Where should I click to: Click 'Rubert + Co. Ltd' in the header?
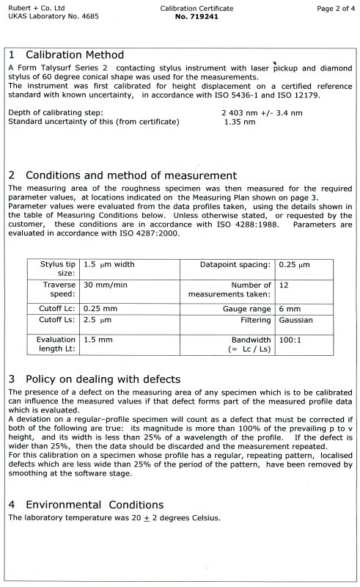[30, 5]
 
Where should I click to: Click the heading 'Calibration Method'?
[74, 55]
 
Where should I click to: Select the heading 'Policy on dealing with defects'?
[103, 379]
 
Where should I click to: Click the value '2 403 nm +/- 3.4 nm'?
[261, 113]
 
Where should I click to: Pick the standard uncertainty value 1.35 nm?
[240, 122]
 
